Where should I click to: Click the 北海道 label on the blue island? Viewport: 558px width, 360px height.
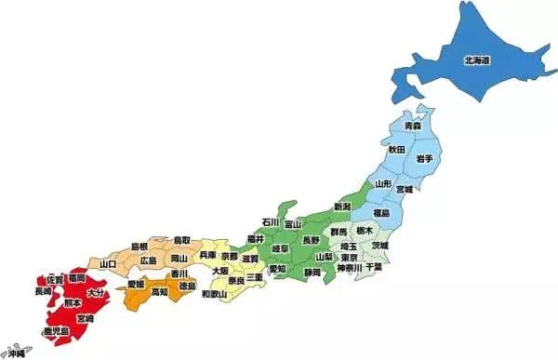[477, 61]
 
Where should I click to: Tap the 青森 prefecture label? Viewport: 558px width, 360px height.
[413, 126]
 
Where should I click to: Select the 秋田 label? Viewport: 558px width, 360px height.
[397, 149]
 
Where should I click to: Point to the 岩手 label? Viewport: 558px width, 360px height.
[424, 160]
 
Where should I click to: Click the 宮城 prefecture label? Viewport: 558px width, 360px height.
[405, 190]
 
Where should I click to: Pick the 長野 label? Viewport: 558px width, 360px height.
[311, 240]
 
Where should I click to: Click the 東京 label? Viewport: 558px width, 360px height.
[350, 258]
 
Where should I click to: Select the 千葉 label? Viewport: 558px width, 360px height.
[374, 267]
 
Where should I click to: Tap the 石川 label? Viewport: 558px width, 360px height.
[271, 223]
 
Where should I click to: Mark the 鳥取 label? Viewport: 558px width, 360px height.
[182, 240]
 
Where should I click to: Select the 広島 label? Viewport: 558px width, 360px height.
[149, 261]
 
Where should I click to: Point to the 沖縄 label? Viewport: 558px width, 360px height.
[16, 353]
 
